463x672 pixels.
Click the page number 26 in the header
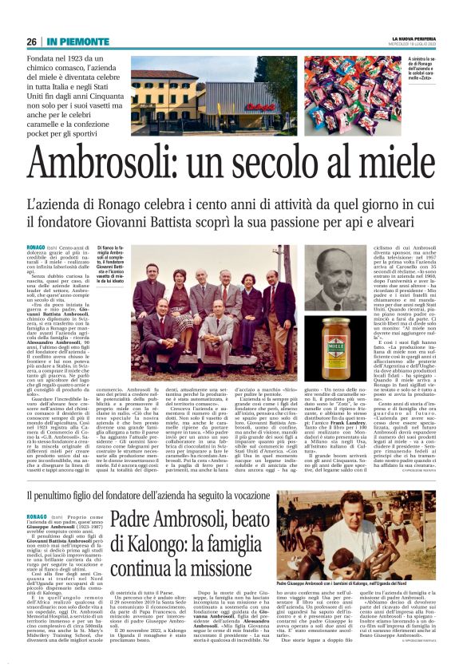coord(32,41)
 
